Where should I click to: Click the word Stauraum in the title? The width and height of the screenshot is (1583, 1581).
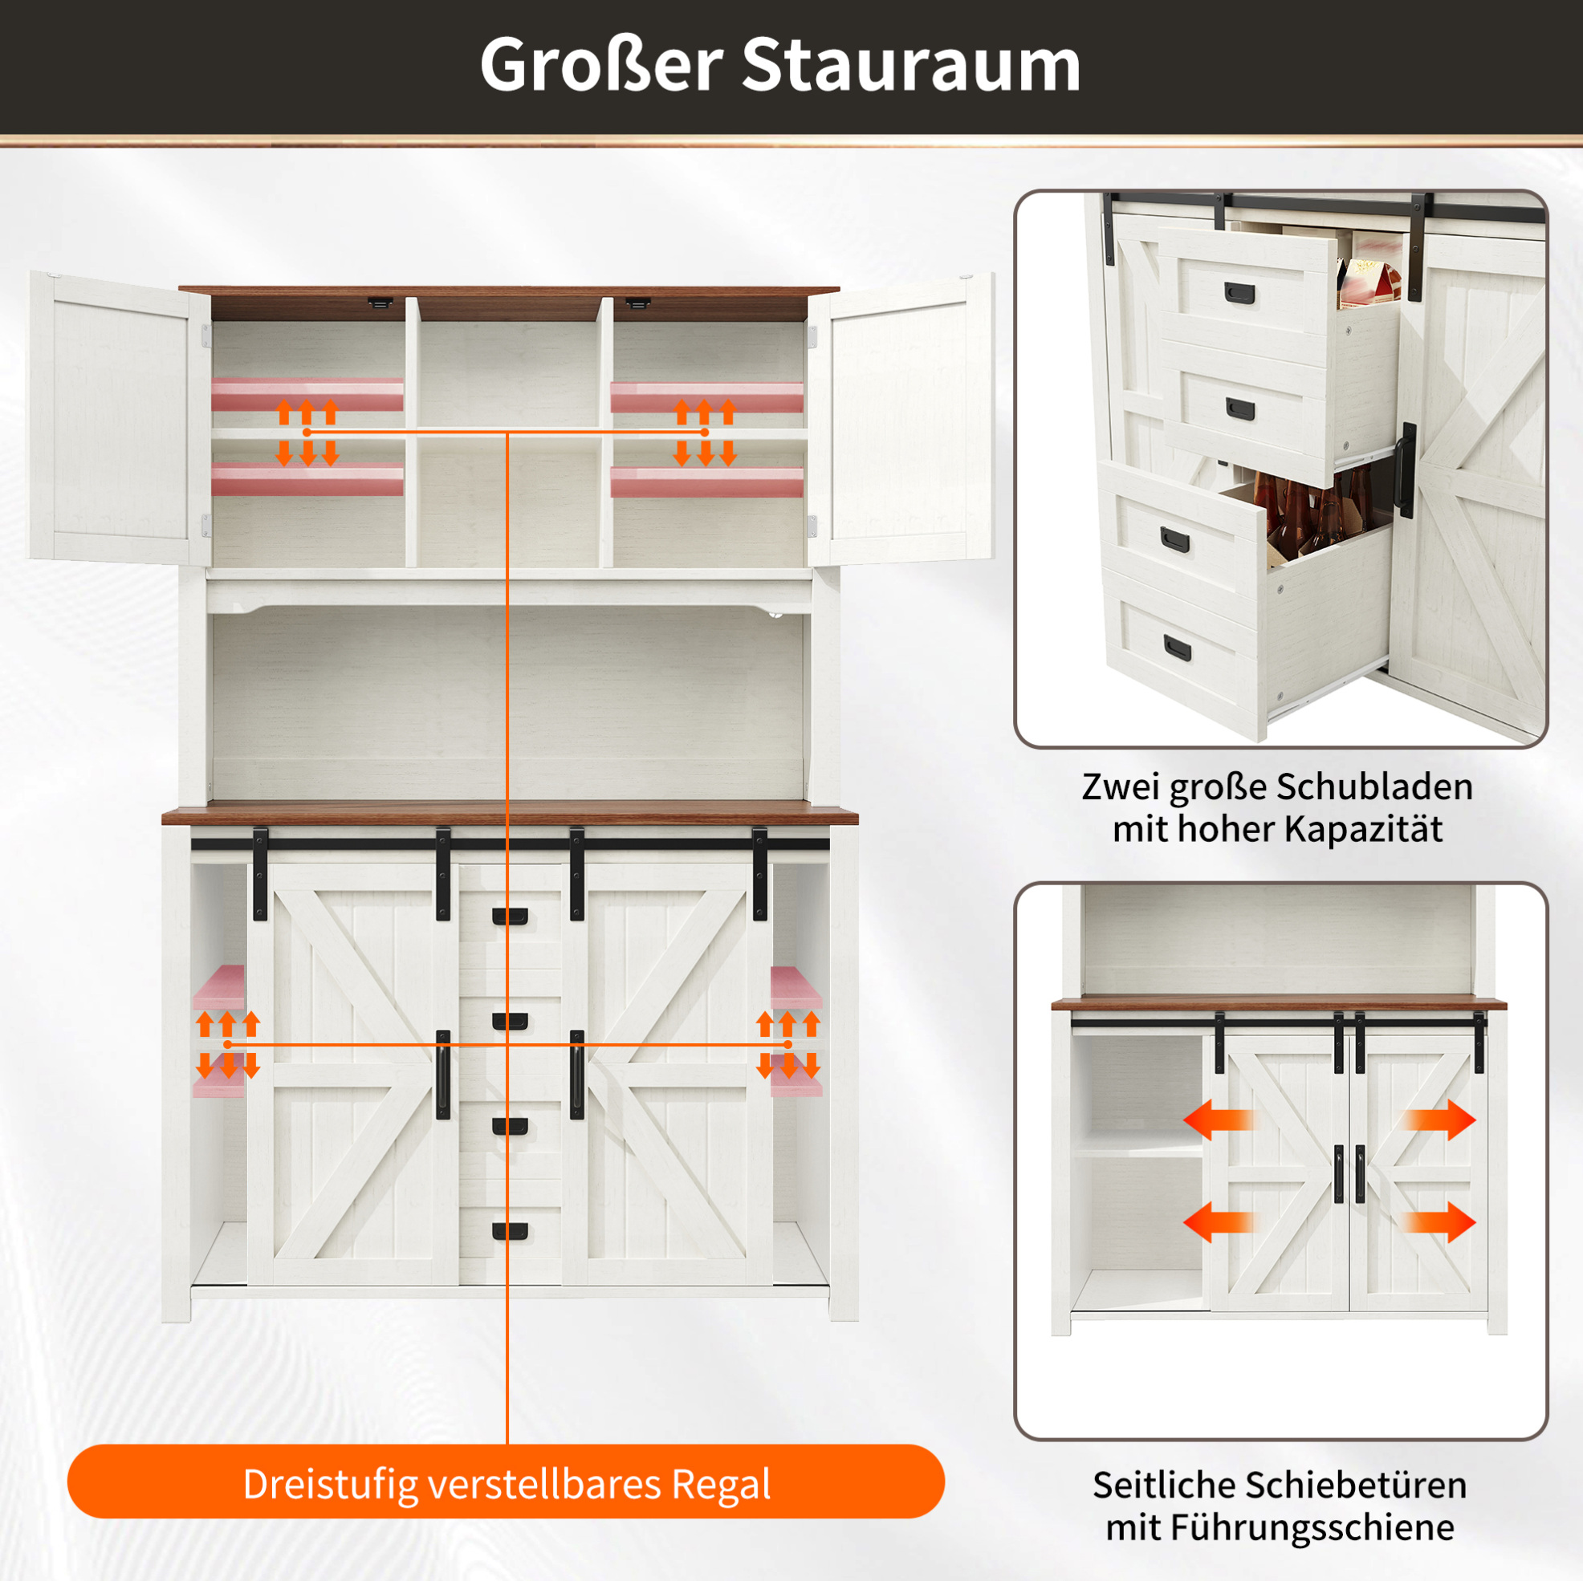(911, 66)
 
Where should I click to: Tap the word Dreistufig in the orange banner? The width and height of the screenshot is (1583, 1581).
(331, 1484)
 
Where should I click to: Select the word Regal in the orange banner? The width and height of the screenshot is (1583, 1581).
(721, 1485)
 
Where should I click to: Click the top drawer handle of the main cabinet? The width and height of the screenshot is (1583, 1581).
(510, 916)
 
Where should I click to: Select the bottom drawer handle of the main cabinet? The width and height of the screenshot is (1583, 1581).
(510, 1231)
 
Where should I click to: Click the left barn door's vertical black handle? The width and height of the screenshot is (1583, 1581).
(443, 1075)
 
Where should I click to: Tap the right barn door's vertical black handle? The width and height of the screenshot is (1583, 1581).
(577, 1075)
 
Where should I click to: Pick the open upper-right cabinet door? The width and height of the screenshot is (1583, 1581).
(901, 418)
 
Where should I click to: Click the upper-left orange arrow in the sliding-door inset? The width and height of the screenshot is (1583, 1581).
(1219, 1119)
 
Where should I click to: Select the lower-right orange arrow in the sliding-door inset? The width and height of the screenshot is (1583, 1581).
(1439, 1222)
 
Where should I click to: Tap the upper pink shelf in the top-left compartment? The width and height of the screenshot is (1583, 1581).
(307, 394)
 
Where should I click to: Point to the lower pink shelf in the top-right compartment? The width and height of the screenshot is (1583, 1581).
(707, 482)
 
